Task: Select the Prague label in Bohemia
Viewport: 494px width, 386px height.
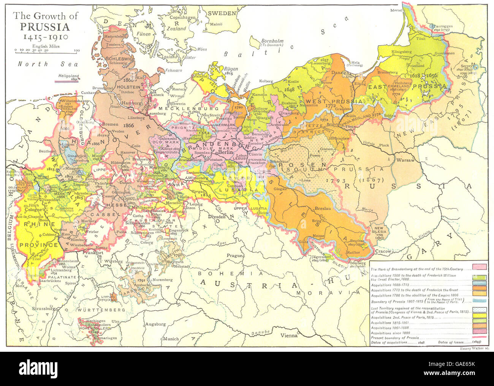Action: [235, 256]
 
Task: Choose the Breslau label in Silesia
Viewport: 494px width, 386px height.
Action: [323, 209]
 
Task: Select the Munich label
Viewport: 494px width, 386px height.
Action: [171, 338]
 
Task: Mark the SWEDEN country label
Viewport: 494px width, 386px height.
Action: [222, 13]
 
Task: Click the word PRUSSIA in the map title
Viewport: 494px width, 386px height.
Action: [45, 27]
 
